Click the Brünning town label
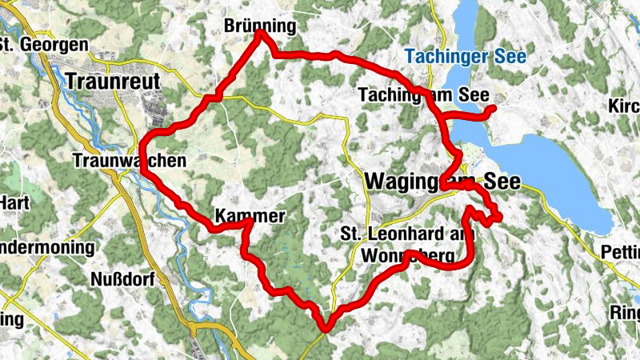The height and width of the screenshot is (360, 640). click(261, 26)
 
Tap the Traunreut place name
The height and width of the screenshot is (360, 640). click(114, 82)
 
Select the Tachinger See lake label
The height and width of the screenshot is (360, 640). click(465, 57)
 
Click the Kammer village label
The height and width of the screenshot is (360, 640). click(249, 217)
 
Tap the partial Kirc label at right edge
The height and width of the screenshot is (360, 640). click(625, 107)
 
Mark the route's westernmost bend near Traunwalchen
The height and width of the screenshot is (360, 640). click(142, 152)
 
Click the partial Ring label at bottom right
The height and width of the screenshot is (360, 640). click(624, 311)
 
